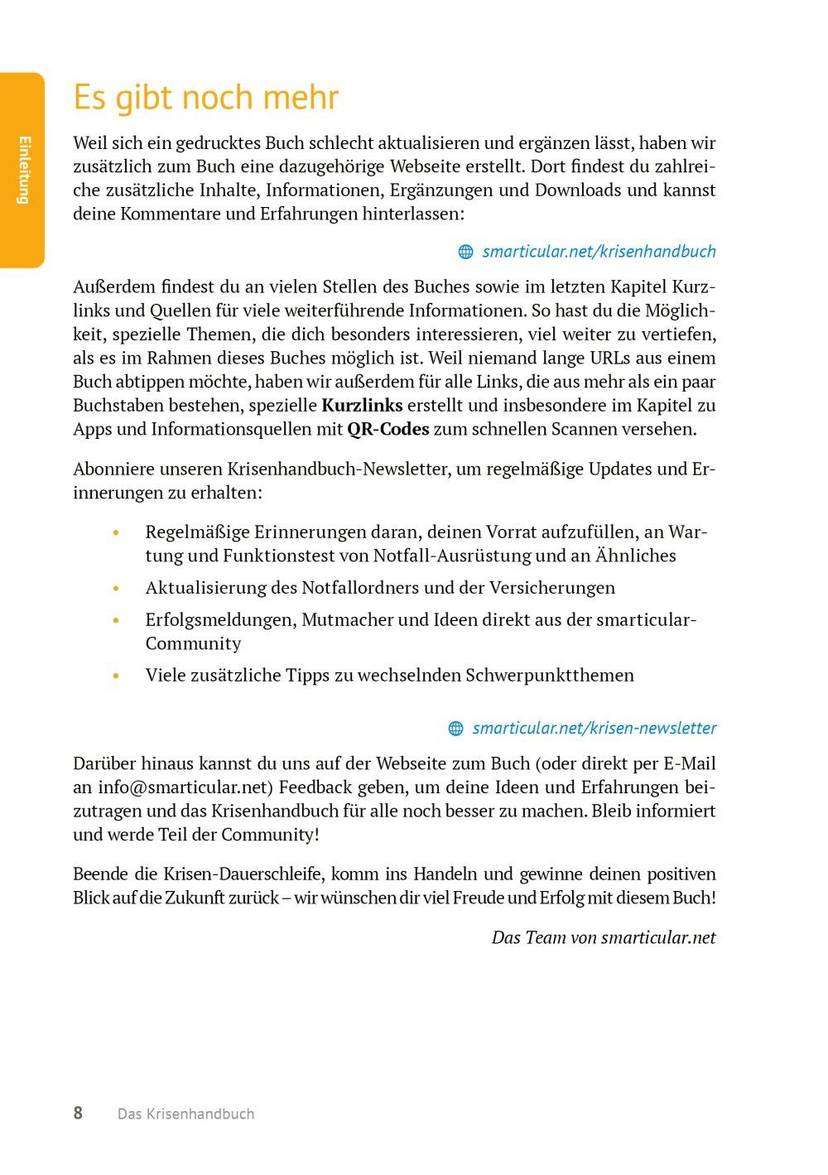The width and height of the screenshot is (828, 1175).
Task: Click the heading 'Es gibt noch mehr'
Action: click(x=206, y=98)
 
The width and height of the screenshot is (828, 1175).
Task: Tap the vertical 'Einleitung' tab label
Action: click(x=23, y=169)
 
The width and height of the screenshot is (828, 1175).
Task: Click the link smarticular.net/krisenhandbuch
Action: click(x=599, y=251)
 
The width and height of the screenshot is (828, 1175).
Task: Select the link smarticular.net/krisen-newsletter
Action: click(x=594, y=728)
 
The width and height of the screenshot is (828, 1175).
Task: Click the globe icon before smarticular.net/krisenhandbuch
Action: click(x=465, y=252)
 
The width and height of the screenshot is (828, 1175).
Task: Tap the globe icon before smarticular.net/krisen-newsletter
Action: click(x=455, y=729)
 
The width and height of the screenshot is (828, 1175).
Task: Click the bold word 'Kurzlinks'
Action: click(x=362, y=406)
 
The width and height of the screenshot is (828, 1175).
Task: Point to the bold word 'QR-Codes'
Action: click(x=388, y=430)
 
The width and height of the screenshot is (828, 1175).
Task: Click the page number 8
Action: click(x=78, y=1113)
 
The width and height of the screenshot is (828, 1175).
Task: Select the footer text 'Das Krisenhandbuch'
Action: click(x=185, y=1114)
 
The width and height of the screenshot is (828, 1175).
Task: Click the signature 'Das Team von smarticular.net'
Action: click(x=604, y=937)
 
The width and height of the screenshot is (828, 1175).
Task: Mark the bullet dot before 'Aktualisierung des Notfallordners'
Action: click(x=116, y=588)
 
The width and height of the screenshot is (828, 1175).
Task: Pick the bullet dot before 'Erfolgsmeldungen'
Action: click(x=116, y=620)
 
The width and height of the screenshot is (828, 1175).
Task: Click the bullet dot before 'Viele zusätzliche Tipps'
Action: click(x=116, y=676)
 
